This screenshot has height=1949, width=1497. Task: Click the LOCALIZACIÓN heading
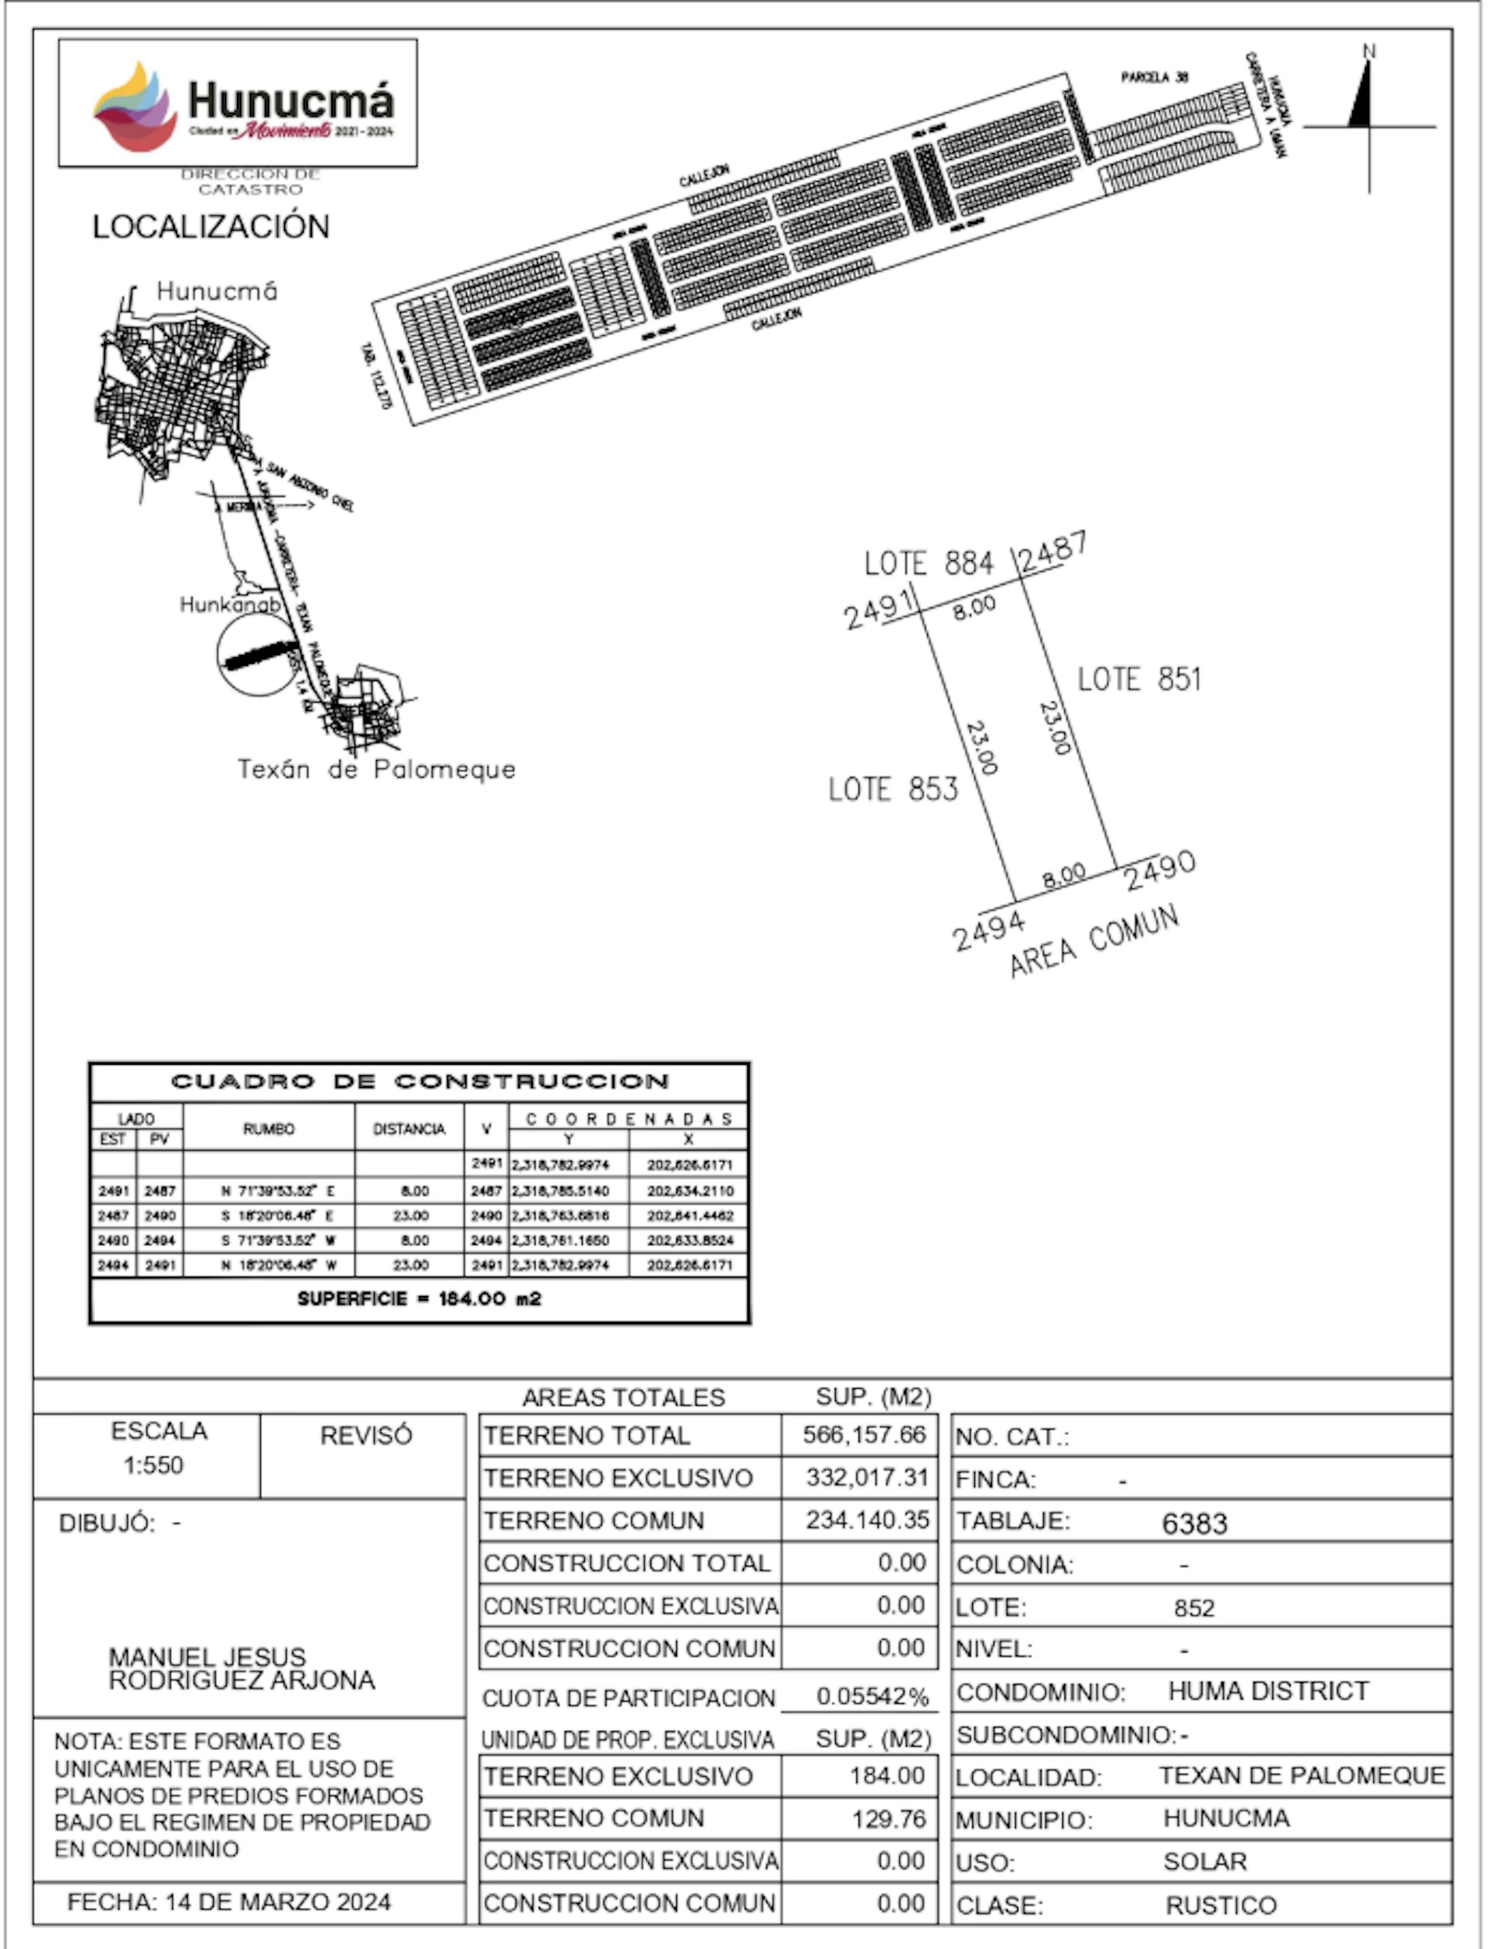211,227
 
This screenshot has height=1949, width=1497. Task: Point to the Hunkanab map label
230,605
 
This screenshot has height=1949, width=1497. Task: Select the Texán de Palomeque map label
377,770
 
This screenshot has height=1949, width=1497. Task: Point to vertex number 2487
1053,552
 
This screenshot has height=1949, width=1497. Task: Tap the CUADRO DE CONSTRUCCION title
420,1081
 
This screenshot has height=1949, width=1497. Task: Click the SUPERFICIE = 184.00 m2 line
420,1299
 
